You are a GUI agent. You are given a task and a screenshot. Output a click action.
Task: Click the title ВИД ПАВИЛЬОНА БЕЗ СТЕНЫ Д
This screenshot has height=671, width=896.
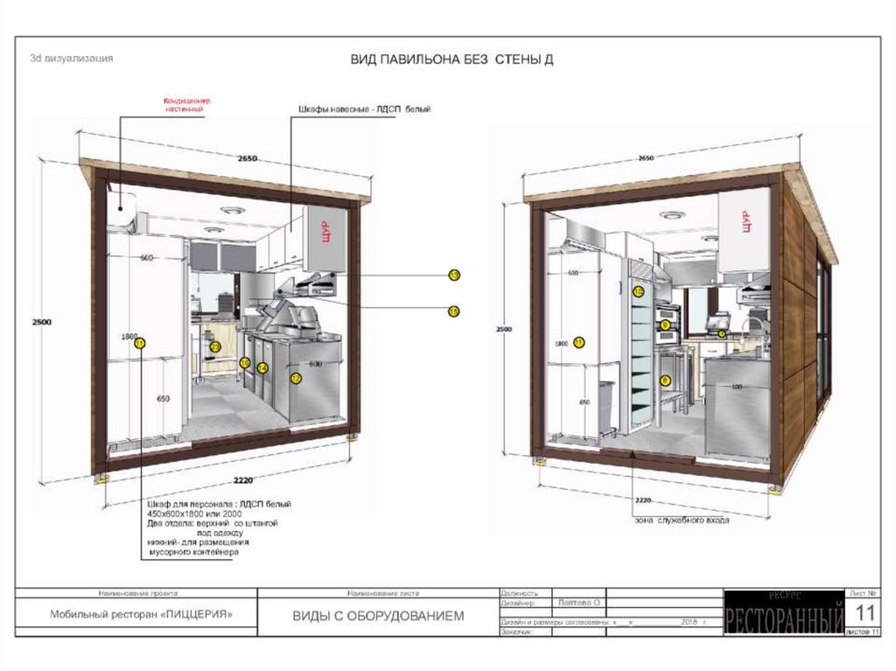coord(451,59)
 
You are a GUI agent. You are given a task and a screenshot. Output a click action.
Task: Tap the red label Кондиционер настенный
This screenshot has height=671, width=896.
coord(188,105)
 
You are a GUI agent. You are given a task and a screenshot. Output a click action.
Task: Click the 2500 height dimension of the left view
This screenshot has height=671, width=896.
coord(39,322)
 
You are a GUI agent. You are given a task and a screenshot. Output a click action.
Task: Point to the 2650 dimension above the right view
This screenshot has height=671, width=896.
coord(646,158)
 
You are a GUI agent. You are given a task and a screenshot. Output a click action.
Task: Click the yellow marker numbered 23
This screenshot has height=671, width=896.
coord(215,346)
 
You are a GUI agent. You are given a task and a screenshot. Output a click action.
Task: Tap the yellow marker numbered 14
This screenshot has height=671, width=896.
coord(262,368)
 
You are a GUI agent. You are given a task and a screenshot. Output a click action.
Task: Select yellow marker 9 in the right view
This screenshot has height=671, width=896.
coord(665,325)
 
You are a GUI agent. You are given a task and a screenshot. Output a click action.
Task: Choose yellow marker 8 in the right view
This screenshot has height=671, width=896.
coord(665,381)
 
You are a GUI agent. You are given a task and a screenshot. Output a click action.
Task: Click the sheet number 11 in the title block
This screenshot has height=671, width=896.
coord(864,611)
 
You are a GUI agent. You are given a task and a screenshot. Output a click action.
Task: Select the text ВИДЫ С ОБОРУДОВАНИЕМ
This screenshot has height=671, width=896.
coord(378,617)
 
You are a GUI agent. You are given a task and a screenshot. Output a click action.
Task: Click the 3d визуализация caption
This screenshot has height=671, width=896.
coord(71,59)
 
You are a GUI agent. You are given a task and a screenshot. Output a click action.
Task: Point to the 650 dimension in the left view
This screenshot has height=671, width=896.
coord(163,398)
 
